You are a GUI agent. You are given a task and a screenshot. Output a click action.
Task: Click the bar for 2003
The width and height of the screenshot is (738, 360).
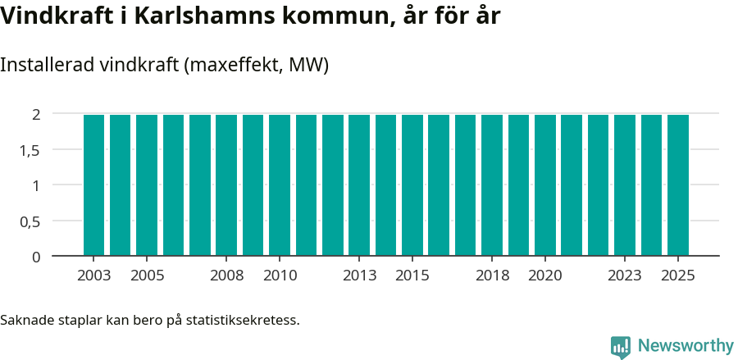(x=93, y=185)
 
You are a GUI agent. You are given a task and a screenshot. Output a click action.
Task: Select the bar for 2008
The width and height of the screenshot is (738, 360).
(x=226, y=185)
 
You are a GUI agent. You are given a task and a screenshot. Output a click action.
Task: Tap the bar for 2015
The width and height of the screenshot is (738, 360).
(x=412, y=185)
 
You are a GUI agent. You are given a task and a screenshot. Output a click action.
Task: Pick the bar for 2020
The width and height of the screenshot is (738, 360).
(x=545, y=185)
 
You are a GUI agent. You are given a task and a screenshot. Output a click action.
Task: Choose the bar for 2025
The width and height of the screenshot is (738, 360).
(x=678, y=185)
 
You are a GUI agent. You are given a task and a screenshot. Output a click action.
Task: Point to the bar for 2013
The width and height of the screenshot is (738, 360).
(x=359, y=185)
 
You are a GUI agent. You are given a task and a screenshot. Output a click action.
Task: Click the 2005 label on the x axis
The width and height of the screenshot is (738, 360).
(x=147, y=276)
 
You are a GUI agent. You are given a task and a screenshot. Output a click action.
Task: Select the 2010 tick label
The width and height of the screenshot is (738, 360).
(x=280, y=276)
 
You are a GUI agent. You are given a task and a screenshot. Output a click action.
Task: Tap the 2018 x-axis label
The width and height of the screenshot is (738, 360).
(x=492, y=276)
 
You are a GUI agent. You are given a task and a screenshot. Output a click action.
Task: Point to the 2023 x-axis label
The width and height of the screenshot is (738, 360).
(x=625, y=276)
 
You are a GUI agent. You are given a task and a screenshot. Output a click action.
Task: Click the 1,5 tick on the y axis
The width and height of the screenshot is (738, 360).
(x=30, y=150)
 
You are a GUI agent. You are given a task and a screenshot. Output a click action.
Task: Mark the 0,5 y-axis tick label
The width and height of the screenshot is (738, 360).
(x=30, y=221)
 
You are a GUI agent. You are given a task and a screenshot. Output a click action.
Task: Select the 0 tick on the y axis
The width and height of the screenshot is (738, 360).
(x=36, y=257)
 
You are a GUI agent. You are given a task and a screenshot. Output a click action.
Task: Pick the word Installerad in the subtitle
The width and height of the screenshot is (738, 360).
(x=48, y=66)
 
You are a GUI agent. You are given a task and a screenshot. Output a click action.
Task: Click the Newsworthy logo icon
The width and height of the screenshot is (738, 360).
(x=621, y=346)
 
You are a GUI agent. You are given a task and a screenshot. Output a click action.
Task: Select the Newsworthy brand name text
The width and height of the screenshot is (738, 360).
(x=685, y=346)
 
